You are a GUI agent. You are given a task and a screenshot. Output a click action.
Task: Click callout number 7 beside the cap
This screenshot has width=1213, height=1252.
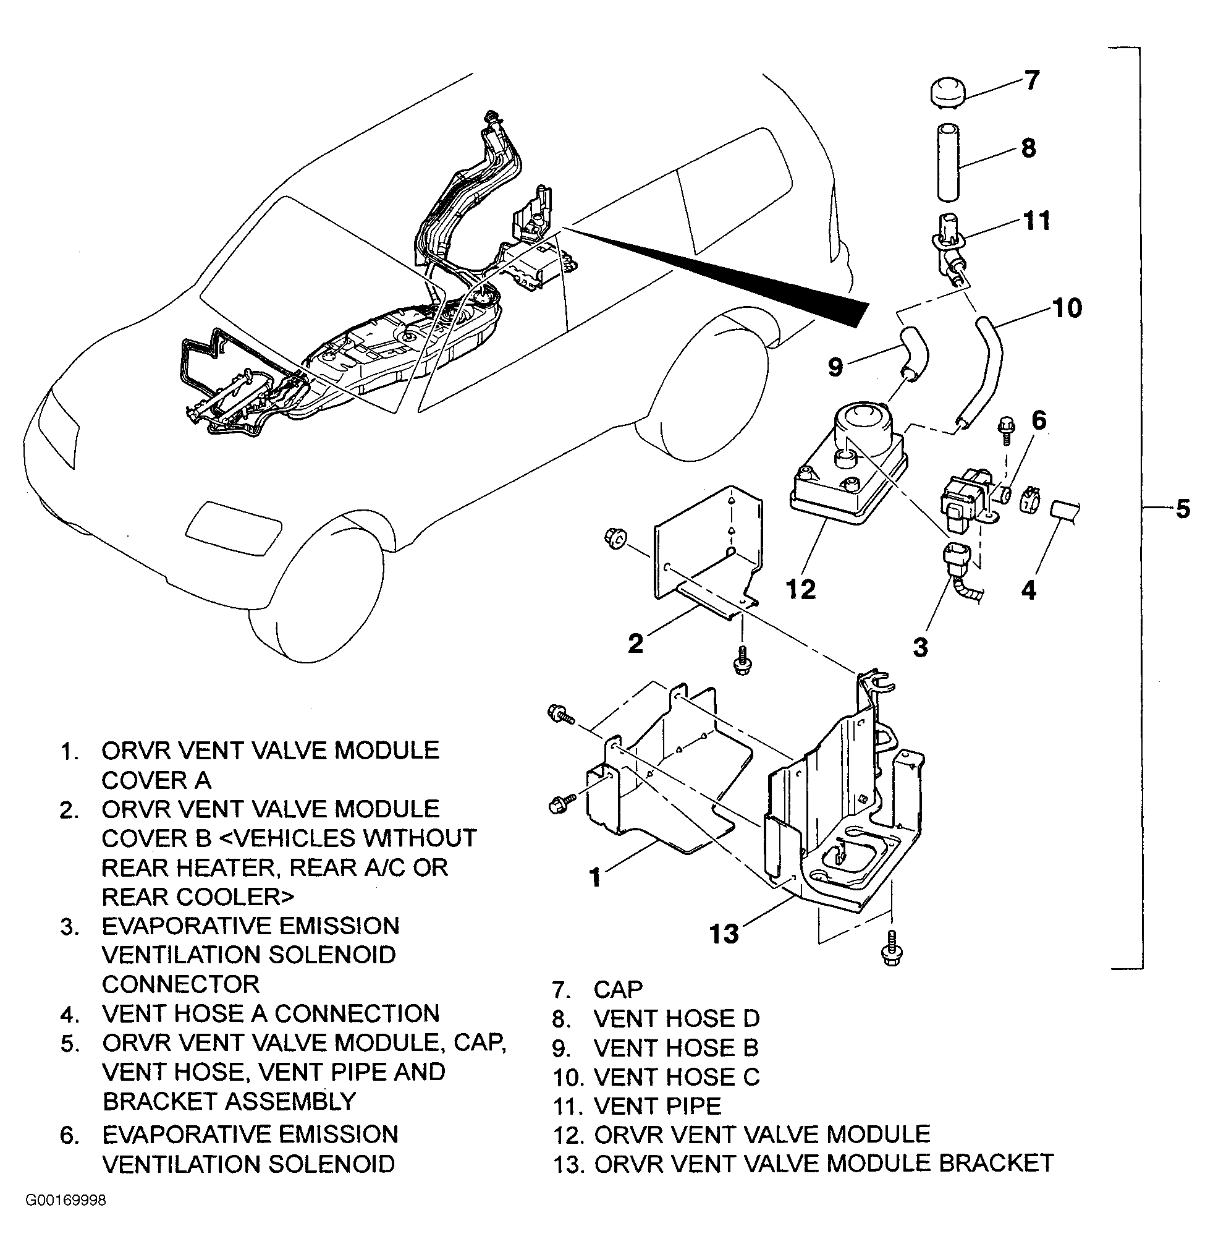1033,81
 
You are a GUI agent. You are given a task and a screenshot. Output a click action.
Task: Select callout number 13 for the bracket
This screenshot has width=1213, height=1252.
725,934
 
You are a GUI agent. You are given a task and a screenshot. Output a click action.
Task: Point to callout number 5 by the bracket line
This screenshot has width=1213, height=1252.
1182,509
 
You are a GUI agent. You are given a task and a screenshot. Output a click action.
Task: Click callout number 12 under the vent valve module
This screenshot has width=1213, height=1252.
801,589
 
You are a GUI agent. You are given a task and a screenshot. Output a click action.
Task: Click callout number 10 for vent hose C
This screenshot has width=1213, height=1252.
1066,309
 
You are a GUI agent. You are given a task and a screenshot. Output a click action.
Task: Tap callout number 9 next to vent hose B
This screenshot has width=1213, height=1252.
835,367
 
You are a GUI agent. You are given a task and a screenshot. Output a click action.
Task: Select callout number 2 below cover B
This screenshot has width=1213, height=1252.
635,643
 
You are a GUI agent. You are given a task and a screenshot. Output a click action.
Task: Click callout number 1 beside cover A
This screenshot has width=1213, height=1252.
596,877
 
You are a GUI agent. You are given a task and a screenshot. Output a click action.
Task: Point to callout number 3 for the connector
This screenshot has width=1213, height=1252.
920,647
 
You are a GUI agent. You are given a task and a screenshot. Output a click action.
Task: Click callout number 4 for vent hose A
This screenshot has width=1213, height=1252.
1028,590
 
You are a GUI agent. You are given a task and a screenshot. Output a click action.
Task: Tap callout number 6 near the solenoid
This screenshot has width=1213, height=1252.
1039,420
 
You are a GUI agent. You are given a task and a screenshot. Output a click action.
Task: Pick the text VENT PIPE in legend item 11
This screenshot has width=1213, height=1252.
657,1105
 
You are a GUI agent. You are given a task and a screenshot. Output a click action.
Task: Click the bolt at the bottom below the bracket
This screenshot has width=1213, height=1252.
892,947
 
